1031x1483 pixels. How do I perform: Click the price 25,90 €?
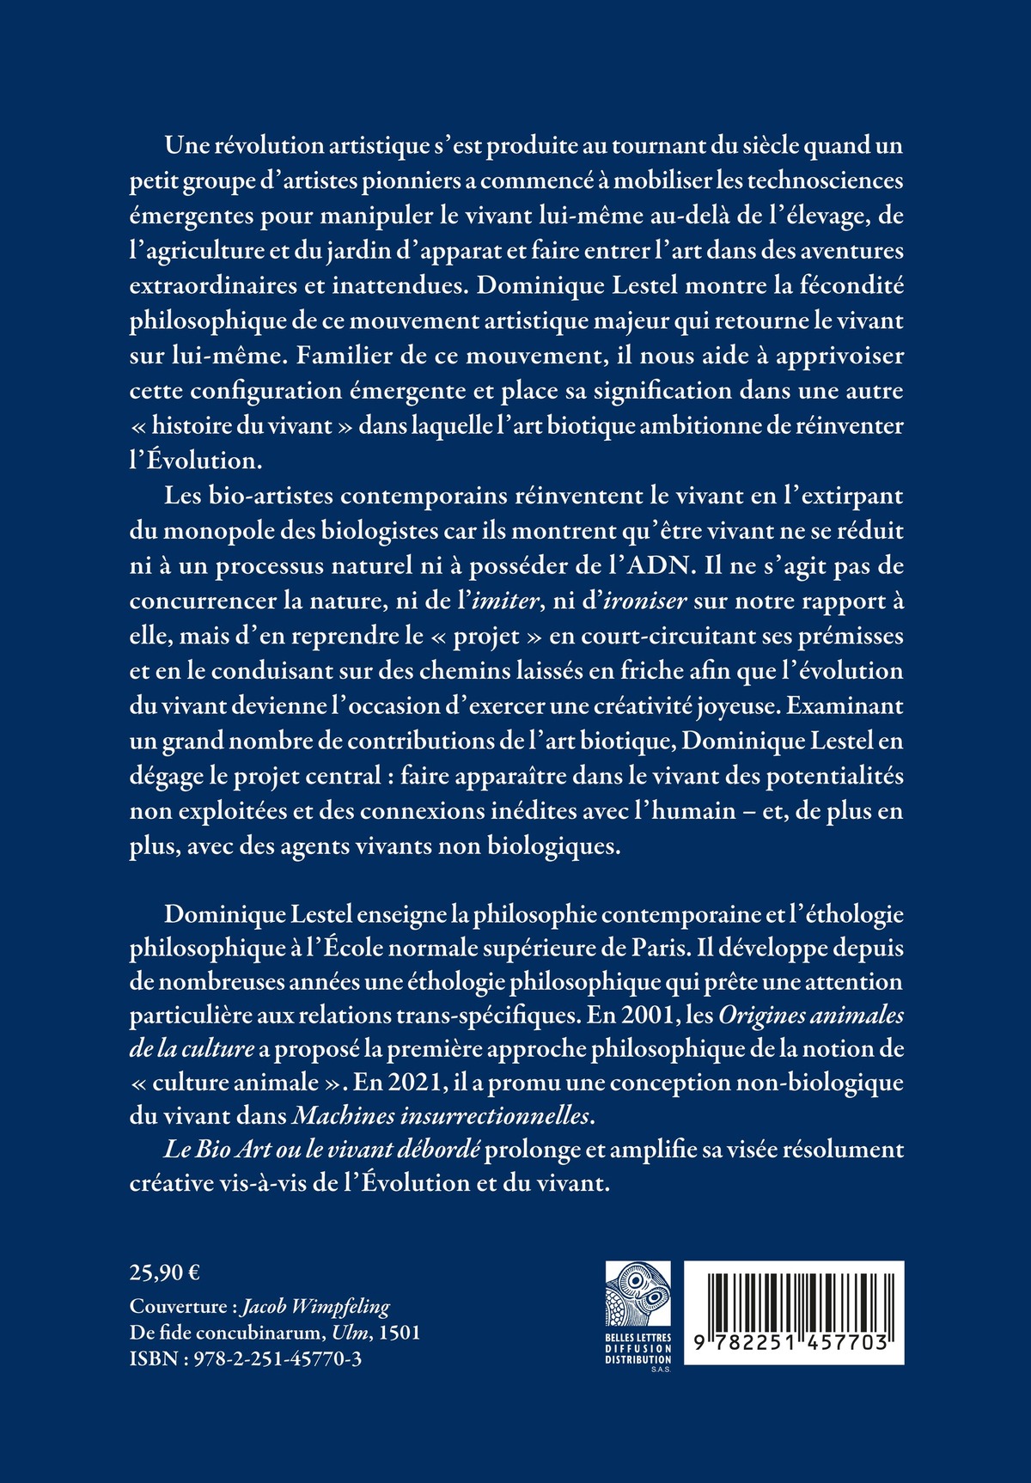tap(165, 1272)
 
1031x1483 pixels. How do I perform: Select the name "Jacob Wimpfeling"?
tap(315, 1307)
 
